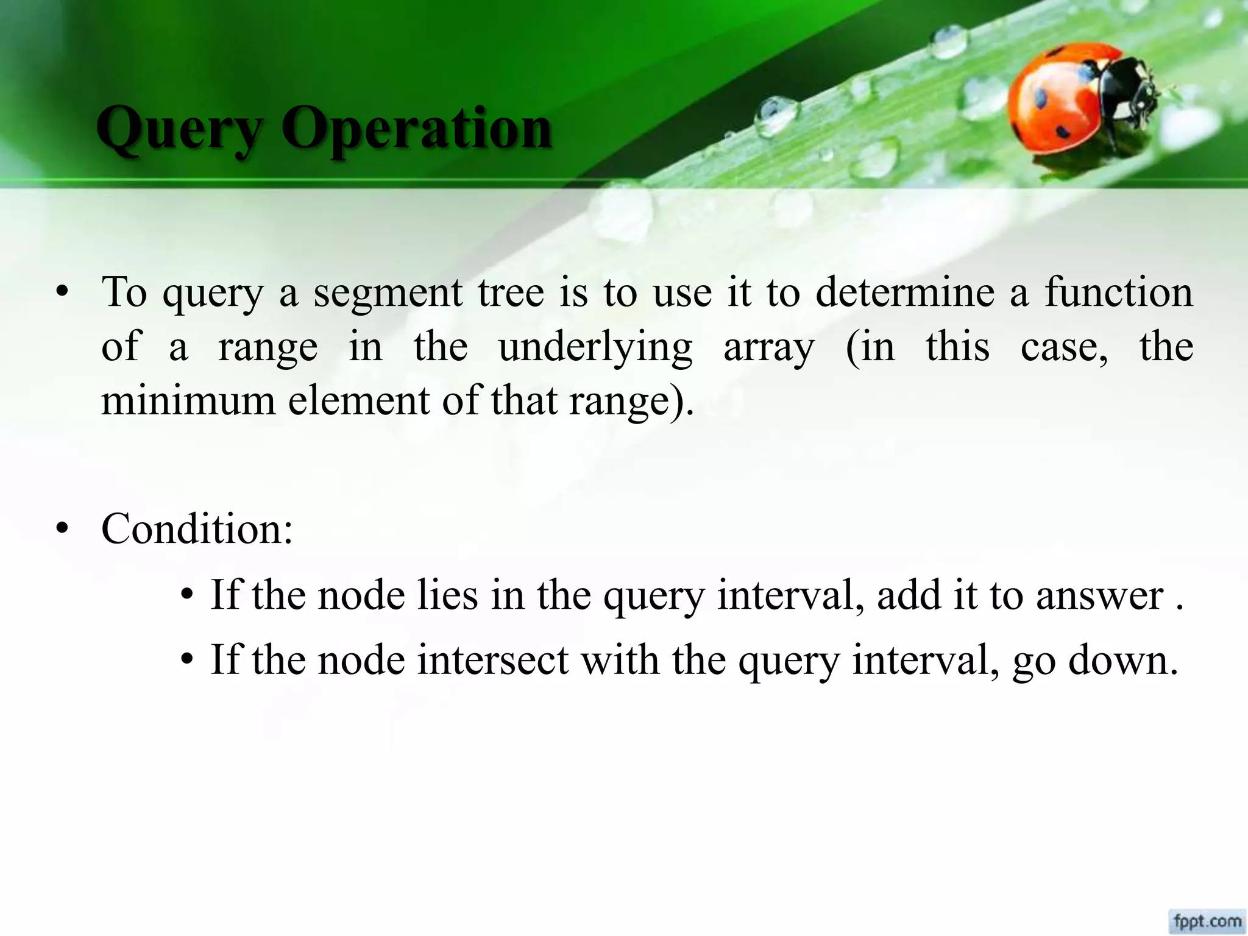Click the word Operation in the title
tap(416, 129)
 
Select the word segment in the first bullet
tap(388, 293)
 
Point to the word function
tap(1118, 292)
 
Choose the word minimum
tap(188, 402)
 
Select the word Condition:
tap(197, 529)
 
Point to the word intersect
tap(492, 660)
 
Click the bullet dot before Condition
tap(61, 530)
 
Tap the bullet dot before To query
tap(61, 294)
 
